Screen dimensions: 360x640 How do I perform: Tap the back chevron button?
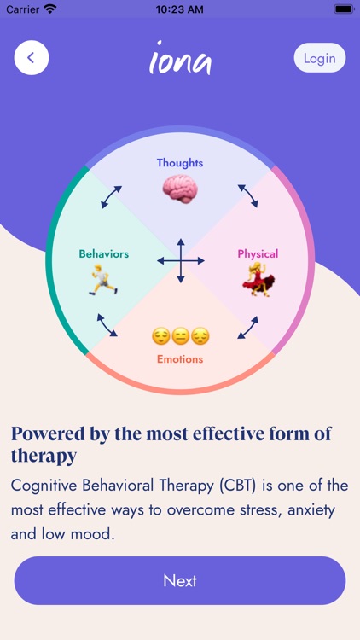pyautogui.click(x=32, y=57)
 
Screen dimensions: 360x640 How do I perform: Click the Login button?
pyautogui.click(x=320, y=58)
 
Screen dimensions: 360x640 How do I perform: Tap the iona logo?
pyautogui.click(x=180, y=58)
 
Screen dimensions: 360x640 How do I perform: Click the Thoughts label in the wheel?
pyautogui.click(x=180, y=163)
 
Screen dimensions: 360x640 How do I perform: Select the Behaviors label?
pyautogui.click(x=104, y=254)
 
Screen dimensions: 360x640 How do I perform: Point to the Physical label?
pyautogui.click(x=258, y=254)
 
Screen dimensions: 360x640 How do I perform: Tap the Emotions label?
pyautogui.click(x=180, y=359)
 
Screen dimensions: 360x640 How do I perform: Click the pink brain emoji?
pyautogui.click(x=180, y=189)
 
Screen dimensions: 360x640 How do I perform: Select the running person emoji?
pyautogui.click(x=104, y=280)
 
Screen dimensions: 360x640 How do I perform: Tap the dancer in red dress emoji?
pyautogui.click(x=258, y=279)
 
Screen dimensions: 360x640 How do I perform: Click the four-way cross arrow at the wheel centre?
pyautogui.click(x=180, y=261)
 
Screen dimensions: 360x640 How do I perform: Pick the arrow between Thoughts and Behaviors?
pyautogui.click(x=112, y=197)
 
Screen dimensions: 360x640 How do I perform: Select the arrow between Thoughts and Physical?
pyautogui.click(x=248, y=195)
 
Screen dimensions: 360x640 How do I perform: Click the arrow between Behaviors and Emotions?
pyautogui.click(x=107, y=325)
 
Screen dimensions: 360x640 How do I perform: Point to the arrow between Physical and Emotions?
pyautogui.click(x=248, y=328)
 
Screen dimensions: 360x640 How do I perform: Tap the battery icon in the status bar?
pyautogui.click(x=344, y=9)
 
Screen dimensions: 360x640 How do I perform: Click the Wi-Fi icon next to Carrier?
pyautogui.click(x=50, y=9)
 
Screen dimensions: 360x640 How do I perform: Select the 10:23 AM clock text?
pyautogui.click(x=180, y=9)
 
